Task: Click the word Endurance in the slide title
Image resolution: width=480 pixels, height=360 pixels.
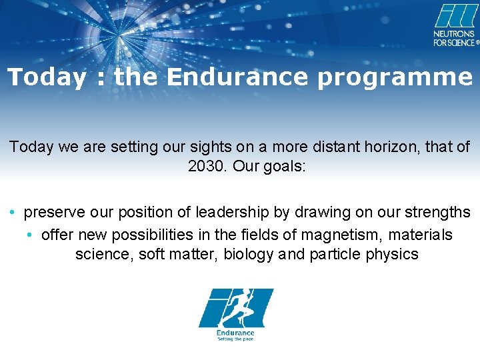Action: tap(238, 77)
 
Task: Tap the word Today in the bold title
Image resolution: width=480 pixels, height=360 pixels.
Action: tap(47, 77)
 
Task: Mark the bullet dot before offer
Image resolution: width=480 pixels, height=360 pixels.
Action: tap(31, 235)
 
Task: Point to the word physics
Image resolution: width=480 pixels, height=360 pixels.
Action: tap(393, 254)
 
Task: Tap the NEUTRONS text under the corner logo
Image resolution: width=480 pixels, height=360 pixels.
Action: tap(454, 34)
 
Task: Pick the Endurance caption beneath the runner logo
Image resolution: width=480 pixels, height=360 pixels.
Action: tap(235, 333)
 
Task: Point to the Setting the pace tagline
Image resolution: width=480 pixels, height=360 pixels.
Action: tap(235, 339)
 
